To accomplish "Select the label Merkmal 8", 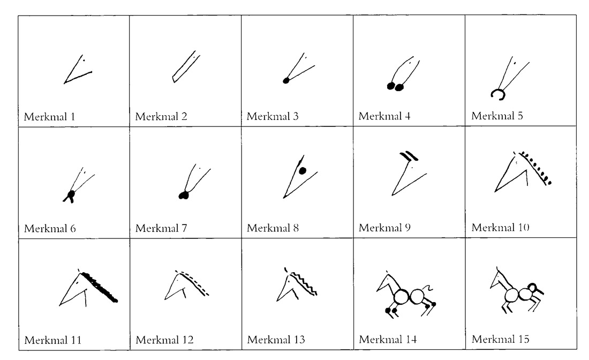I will coord(273,228).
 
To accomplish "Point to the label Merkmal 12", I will coord(164,340).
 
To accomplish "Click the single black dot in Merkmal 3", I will coord(286,81).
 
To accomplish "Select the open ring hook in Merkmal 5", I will coord(498,94).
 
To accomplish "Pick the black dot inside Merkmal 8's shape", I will coord(302,171).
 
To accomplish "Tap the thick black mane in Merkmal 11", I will coord(100,288).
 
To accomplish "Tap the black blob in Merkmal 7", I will coord(184,196).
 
